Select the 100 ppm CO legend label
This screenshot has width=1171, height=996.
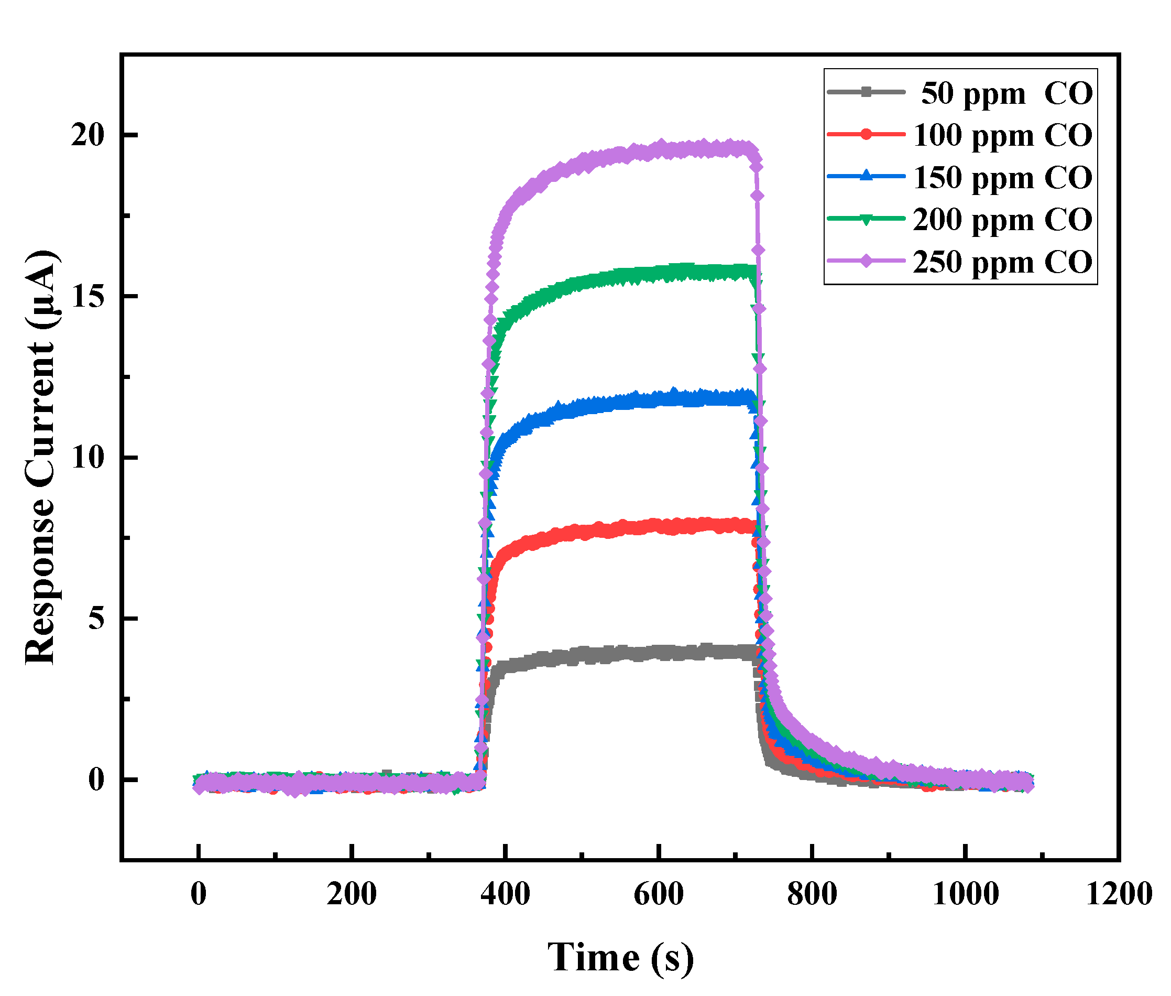(x=1002, y=136)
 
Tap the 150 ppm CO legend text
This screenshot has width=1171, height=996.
(x=1002, y=178)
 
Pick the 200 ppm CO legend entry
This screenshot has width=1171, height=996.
(x=1002, y=220)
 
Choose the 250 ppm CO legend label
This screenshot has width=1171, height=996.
(x=1002, y=262)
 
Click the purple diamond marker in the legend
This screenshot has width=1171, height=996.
(x=866, y=261)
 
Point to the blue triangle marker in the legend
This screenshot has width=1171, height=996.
(x=866, y=176)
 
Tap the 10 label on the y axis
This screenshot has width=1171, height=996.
(x=87, y=457)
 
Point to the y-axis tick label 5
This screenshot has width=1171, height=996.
(x=96, y=618)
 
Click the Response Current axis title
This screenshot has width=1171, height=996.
(x=41, y=457)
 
